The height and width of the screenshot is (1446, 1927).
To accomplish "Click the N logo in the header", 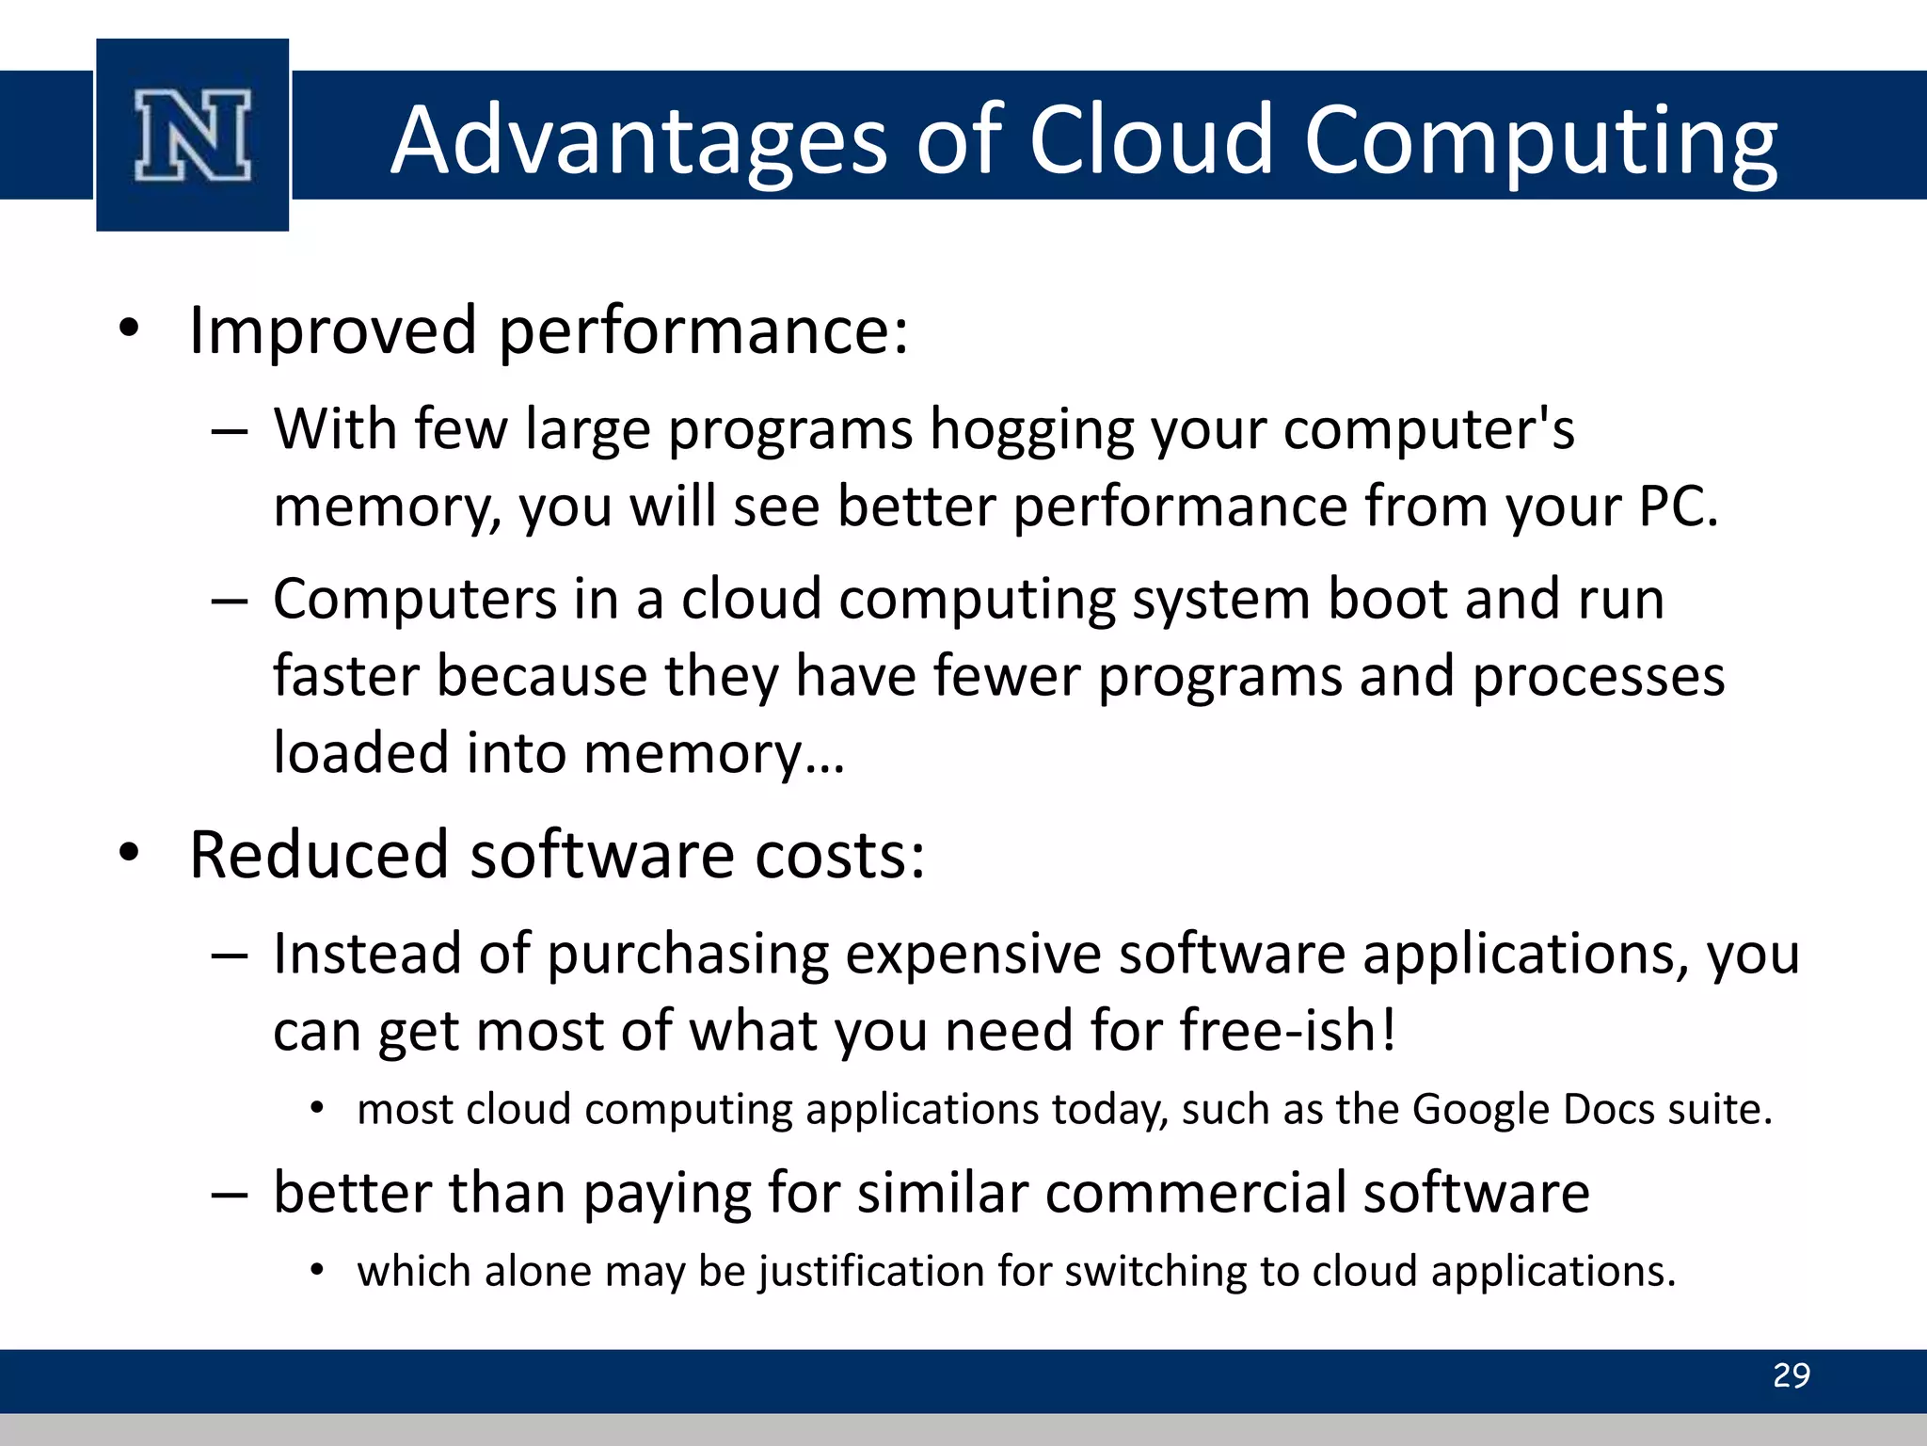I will coord(193,136).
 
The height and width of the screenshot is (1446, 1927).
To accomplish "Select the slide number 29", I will coord(1791,1376).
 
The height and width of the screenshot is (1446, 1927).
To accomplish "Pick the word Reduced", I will coord(319,856).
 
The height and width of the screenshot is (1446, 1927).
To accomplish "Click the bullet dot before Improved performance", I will coord(130,329).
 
